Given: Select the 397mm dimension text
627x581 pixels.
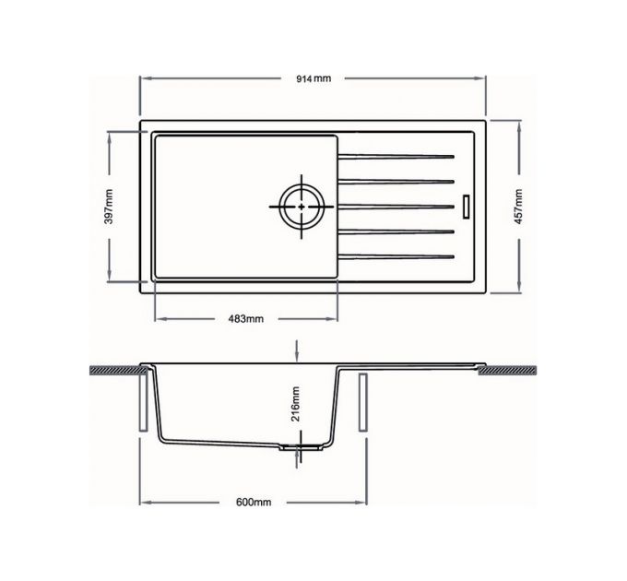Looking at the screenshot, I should [109, 207].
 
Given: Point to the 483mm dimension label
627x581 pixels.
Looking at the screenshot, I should [245, 319].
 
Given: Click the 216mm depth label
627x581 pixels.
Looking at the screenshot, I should [295, 403].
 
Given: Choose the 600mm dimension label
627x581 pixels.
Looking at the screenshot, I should [253, 503].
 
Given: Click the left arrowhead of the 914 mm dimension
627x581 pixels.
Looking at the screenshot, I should [142, 78].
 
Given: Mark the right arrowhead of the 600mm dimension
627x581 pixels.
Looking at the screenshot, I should [361, 503].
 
